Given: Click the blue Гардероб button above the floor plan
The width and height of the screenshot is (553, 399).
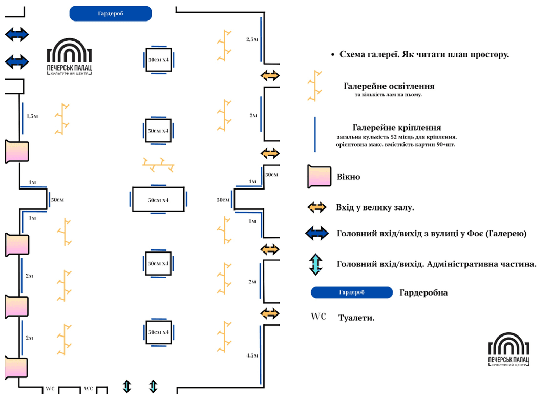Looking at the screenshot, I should [x=111, y=14].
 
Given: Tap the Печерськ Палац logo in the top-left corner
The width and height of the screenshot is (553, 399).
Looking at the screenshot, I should [x=69, y=56].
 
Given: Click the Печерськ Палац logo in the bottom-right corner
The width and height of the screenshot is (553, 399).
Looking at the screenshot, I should [x=508, y=350].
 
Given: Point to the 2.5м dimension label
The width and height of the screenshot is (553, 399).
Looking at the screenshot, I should [x=252, y=39].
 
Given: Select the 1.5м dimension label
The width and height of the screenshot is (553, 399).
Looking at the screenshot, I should [x=32, y=116].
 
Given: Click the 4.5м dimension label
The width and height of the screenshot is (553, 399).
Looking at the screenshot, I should [x=251, y=355].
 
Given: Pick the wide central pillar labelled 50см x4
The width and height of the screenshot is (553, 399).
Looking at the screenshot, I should [x=158, y=199].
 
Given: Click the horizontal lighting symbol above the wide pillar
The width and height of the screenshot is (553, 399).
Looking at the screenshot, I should [x=158, y=164].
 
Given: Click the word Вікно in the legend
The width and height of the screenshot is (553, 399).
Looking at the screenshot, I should [x=348, y=177].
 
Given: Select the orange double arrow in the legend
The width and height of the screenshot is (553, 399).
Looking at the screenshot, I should [x=317, y=207].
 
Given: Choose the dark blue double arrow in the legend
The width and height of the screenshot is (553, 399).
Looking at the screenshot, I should [x=317, y=234].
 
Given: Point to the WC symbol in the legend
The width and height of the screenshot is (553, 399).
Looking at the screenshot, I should [x=318, y=317].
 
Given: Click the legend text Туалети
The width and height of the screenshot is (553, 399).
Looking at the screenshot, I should [x=356, y=318].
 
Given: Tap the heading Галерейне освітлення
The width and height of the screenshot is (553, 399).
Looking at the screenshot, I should [x=389, y=86].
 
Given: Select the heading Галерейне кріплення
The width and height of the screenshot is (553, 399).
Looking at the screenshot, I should [x=397, y=128].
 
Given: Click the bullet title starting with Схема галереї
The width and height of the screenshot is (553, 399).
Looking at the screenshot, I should [x=424, y=54].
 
